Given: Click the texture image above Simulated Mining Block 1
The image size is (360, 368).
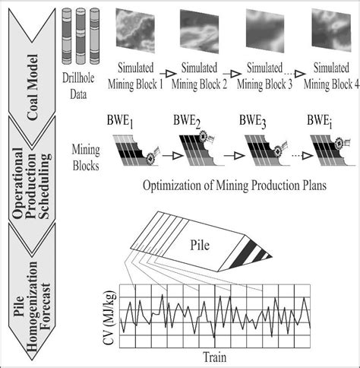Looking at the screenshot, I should pyautogui.click(x=136, y=33).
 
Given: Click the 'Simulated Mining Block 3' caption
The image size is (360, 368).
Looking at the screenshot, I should pyautogui.click(x=264, y=77).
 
